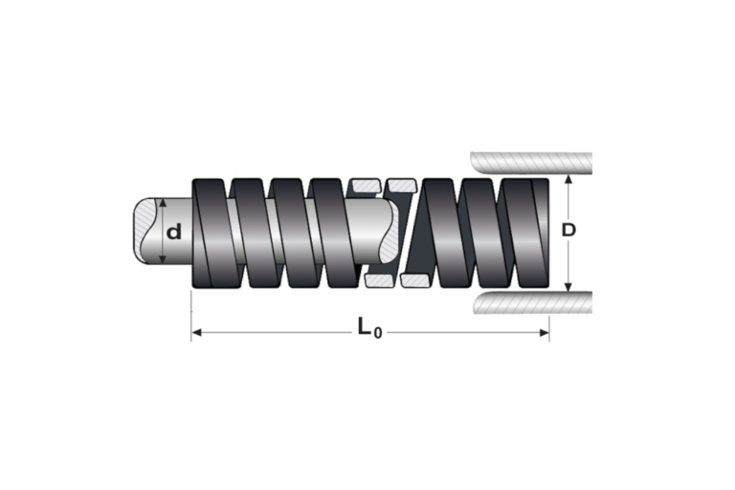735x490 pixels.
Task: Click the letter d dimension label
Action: (174, 232)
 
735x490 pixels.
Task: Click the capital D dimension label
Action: (568, 230)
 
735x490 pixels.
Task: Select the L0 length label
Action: (369, 327)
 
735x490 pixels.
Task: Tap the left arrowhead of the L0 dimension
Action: (197, 333)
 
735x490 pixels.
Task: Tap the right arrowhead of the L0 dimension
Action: (544, 333)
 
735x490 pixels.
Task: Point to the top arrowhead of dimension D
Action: (568, 180)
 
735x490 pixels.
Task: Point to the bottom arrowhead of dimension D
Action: (568, 286)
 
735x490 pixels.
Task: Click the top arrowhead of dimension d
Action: (162, 203)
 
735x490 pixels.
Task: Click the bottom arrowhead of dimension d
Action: (162, 258)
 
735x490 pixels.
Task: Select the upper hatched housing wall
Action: (531, 163)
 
